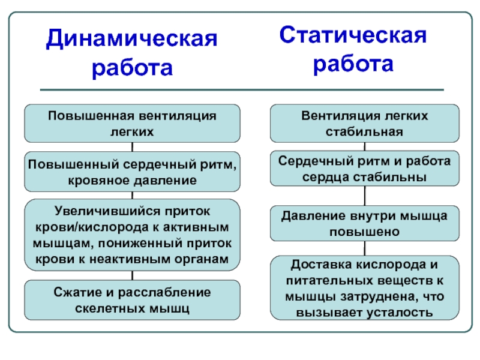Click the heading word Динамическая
tap(132, 41)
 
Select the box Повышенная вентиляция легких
tap(132, 122)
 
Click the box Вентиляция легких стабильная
tap(364, 122)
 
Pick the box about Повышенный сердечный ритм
tap(132, 172)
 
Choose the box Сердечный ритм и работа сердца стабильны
tap(364, 169)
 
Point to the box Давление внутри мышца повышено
tap(364, 223)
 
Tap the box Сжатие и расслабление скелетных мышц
tap(132, 301)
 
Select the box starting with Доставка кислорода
tap(364, 288)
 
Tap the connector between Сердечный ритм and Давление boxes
tap(364, 196)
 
